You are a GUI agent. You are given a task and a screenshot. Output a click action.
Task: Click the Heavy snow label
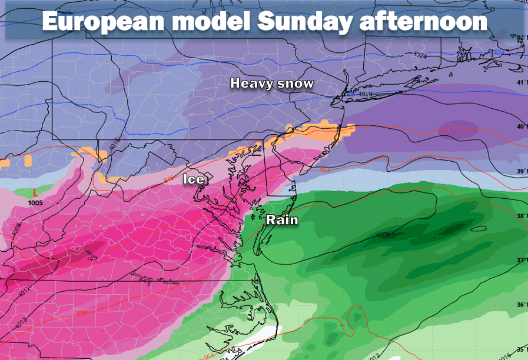pos(271,84)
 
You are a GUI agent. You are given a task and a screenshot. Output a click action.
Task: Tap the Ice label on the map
pos(194,179)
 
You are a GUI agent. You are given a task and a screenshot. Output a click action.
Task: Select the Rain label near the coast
pos(282,220)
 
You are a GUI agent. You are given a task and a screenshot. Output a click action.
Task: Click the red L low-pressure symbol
pos(35,192)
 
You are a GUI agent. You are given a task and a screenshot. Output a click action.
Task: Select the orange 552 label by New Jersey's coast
pos(325,170)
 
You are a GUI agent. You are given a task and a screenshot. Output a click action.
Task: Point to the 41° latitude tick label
pos(522,82)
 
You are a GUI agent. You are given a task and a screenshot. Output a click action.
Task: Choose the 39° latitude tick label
pos(522,171)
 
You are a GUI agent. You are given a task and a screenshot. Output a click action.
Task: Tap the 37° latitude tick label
pos(522,260)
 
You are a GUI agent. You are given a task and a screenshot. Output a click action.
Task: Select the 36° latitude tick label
pos(522,305)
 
